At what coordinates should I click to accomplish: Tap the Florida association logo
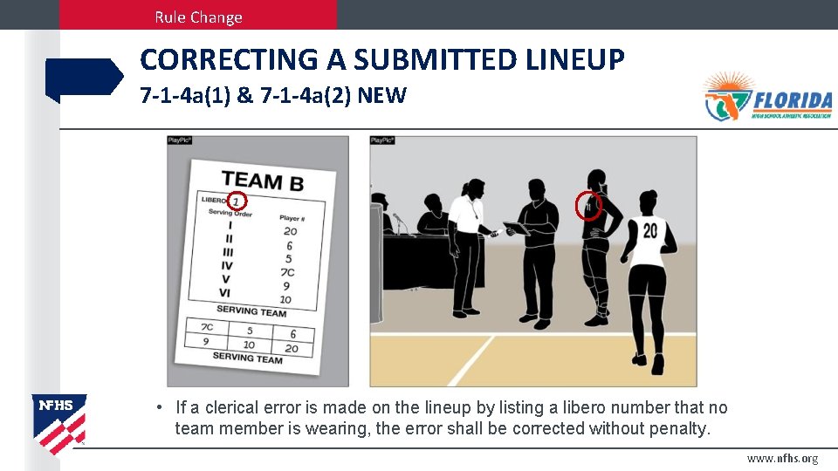pyautogui.click(x=768, y=97)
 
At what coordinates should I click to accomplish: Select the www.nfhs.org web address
pyautogui.click(x=782, y=459)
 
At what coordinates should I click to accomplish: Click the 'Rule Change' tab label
pyautogui.click(x=198, y=17)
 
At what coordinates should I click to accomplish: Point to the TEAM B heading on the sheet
pyautogui.click(x=262, y=181)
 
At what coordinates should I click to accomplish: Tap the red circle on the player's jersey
pyautogui.click(x=590, y=207)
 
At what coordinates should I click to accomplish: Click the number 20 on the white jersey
pyautogui.click(x=649, y=231)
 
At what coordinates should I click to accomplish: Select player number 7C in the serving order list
pyautogui.click(x=287, y=271)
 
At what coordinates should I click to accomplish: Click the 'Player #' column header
pyautogui.click(x=292, y=218)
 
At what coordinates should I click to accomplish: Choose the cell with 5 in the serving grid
pyautogui.click(x=249, y=331)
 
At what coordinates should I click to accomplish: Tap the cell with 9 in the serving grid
pyautogui.click(x=206, y=342)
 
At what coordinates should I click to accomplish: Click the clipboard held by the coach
pyautogui.click(x=515, y=229)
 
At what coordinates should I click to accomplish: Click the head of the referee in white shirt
pyautogui.click(x=476, y=188)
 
